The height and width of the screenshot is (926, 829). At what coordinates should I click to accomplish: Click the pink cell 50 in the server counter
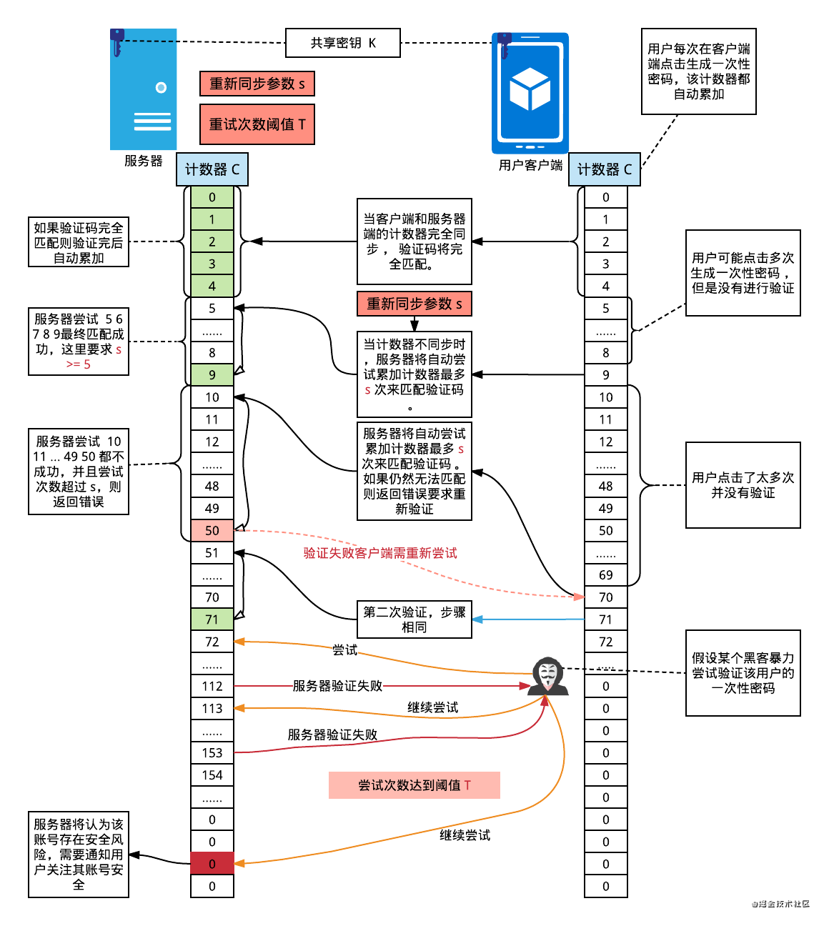(212, 530)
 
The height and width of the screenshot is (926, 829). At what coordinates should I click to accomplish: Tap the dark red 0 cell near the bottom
(212, 863)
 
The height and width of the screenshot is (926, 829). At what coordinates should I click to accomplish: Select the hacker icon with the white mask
(548, 676)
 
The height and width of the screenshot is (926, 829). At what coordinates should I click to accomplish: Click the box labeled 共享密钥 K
(343, 43)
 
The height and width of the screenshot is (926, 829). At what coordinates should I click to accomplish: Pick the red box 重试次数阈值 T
(257, 124)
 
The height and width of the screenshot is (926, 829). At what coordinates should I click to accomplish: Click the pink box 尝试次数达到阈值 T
(414, 785)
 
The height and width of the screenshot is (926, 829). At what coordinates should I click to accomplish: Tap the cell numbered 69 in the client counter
(606, 574)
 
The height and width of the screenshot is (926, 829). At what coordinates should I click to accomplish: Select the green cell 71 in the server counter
(212, 619)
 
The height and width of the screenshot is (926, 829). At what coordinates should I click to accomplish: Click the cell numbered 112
(212, 686)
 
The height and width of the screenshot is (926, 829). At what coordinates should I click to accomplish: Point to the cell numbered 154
(212, 775)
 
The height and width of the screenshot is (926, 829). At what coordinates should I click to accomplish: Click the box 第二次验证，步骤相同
(414, 619)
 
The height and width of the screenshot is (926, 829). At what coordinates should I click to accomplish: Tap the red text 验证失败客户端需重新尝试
(380, 553)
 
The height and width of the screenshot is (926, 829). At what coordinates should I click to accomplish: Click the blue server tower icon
(143, 89)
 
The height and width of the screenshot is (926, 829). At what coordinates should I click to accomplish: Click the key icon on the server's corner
(117, 41)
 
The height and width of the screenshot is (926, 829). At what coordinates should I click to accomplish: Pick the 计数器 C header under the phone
(605, 169)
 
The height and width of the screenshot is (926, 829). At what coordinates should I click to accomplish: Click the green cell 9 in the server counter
(212, 374)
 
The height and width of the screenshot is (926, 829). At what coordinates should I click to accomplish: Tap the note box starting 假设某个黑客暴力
(743, 673)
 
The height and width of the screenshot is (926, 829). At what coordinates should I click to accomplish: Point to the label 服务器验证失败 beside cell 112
(337, 686)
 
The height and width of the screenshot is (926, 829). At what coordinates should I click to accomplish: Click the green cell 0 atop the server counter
(212, 197)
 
